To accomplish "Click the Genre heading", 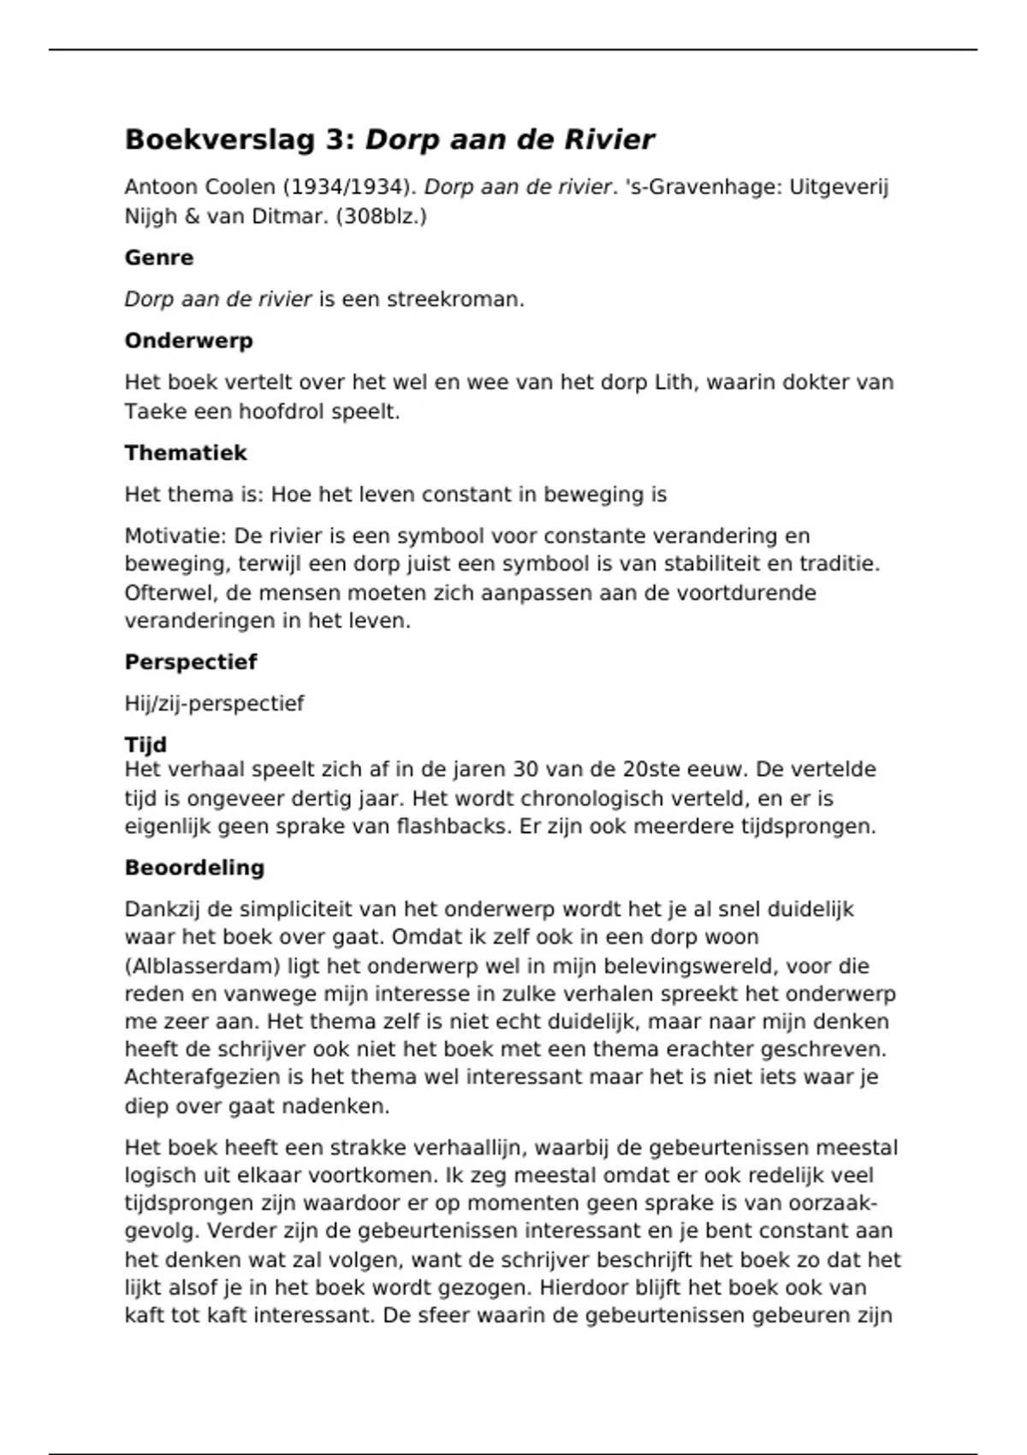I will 159,258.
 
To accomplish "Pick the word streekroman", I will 455,300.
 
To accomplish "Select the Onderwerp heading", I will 188,341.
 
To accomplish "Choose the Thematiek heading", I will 186,453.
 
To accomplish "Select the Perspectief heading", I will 191,662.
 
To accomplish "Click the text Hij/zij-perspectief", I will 214,704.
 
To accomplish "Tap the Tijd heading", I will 145,745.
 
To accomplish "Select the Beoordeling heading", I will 194,868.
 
